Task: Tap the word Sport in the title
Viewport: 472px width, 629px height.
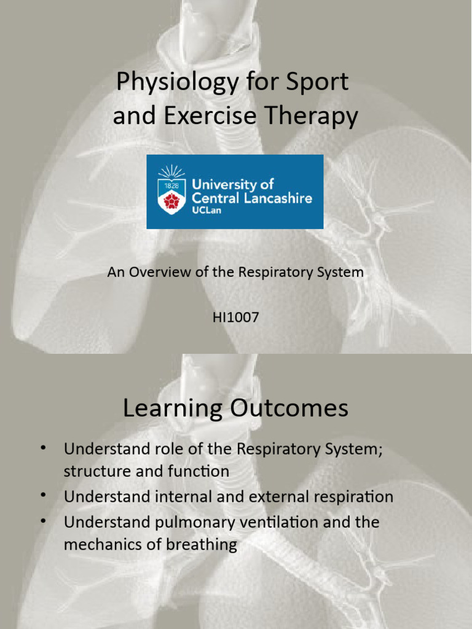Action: click(x=318, y=81)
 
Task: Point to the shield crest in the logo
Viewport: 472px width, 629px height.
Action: click(x=171, y=195)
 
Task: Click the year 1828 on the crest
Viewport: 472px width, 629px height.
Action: click(x=171, y=185)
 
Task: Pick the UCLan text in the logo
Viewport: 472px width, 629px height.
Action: click(x=206, y=211)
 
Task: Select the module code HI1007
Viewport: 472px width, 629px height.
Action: click(x=235, y=318)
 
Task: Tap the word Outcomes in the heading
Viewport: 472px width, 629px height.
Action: click(x=285, y=408)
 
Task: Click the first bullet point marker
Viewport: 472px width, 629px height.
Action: click(x=44, y=448)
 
